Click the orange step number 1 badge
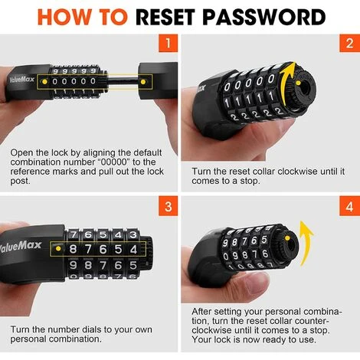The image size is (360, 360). point(168,43)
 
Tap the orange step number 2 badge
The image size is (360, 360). point(349,43)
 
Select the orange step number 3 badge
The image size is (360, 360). point(168,206)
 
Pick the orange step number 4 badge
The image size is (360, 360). point(349,206)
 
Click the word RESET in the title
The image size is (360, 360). point(167,17)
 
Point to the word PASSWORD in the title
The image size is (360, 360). point(264,17)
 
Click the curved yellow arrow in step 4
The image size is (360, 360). point(306,243)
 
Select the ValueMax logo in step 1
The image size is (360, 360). point(21,80)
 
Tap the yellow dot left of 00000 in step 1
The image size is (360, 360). point(44,82)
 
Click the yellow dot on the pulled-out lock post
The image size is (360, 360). point(143,82)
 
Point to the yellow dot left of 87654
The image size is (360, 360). point(58,248)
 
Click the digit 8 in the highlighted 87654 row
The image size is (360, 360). point(73,249)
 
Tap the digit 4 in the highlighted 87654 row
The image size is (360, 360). point(133,249)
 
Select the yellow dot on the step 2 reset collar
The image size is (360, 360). point(298,83)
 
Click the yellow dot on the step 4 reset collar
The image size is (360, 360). point(287,238)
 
